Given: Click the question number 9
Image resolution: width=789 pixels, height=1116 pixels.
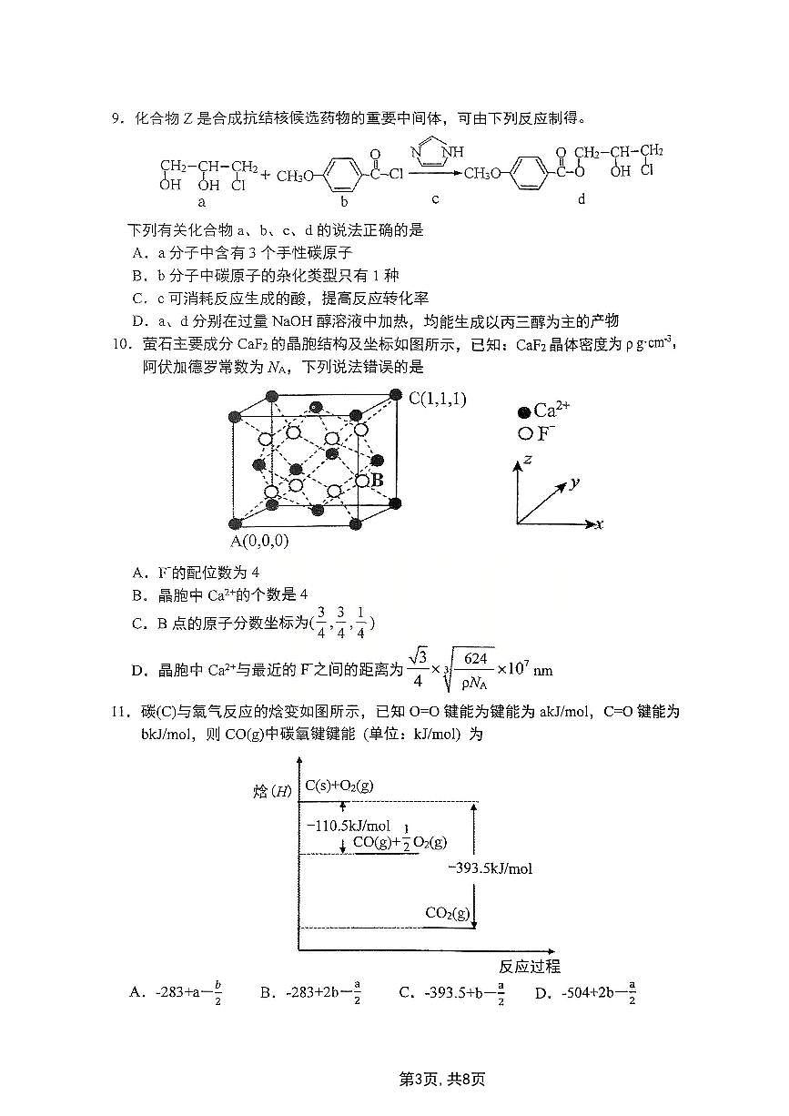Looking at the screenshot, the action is (x=116, y=118).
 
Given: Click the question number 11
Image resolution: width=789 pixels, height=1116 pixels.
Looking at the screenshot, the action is (x=119, y=712).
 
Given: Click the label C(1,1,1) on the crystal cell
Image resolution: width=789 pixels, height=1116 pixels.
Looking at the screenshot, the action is (x=437, y=398).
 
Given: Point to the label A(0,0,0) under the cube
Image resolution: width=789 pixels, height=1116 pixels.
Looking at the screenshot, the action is (x=259, y=541).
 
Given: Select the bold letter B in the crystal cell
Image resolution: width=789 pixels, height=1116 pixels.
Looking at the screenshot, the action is (x=377, y=479).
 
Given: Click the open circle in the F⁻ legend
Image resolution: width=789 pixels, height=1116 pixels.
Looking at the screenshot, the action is (x=523, y=433).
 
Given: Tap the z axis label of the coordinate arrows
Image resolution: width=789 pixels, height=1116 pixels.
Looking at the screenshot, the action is (x=528, y=461).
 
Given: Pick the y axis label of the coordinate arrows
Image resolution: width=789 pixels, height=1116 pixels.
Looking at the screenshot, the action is (x=575, y=482).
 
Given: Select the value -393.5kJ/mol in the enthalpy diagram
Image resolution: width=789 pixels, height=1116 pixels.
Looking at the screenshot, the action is (x=491, y=868).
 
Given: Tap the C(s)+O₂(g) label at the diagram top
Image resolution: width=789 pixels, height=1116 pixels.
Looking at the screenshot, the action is (x=339, y=785).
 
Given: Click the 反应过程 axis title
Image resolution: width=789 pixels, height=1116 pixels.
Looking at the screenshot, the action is (x=530, y=966).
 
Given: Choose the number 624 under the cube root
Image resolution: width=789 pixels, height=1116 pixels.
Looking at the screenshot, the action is (x=476, y=658).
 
